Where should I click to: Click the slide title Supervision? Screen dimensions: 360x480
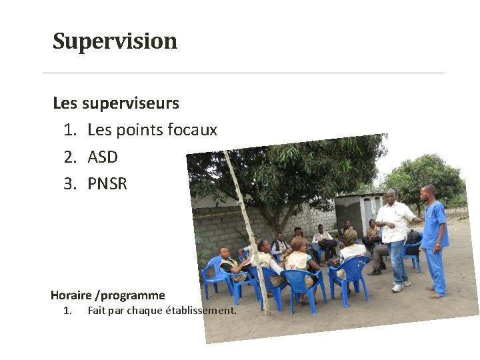115,41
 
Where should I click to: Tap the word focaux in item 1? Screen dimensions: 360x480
194,130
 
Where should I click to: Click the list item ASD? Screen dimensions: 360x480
103,157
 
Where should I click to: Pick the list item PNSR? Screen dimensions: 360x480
107,183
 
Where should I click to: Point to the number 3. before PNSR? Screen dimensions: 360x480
71,183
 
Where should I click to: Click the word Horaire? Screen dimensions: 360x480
71,295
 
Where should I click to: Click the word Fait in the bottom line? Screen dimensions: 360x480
97,310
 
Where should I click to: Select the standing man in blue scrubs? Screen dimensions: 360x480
434,237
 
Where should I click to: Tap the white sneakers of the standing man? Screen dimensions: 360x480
399,287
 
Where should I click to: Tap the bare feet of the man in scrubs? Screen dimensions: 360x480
435,293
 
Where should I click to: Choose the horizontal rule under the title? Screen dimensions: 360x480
243,73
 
